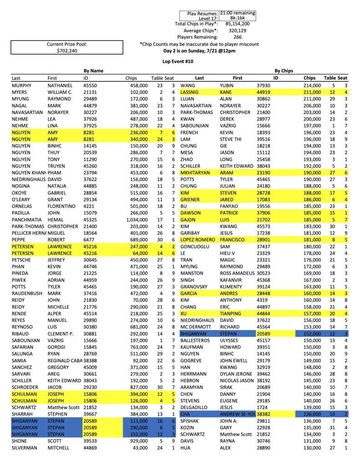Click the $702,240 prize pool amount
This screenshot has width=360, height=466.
(x=67, y=51)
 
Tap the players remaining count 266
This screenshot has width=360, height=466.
(x=237, y=37)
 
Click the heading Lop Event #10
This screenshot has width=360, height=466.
(x=180, y=60)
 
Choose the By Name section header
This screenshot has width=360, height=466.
(x=93, y=71)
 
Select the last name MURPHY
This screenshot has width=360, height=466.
(x=22, y=85)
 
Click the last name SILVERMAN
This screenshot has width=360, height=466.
(x=25, y=448)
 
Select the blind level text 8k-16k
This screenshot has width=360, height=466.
(x=237, y=18)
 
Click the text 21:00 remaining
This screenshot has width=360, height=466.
(x=237, y=13)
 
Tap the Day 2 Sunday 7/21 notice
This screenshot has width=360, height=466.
(x=199, y=51)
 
